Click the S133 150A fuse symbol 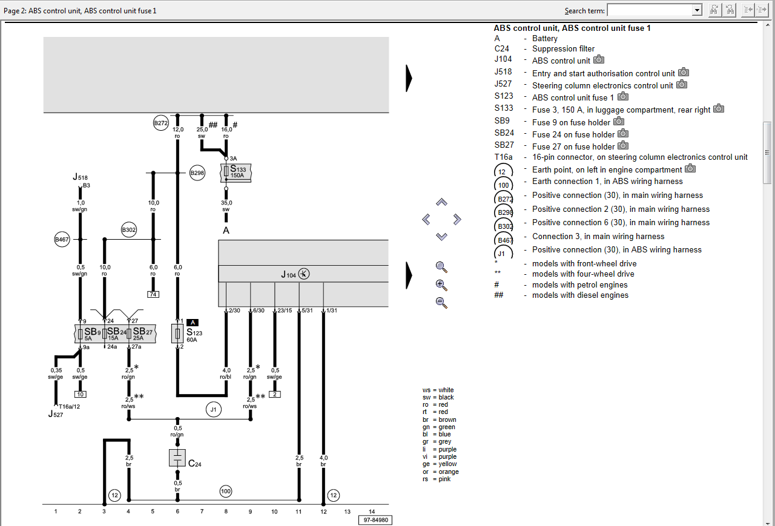[x=226, y=172]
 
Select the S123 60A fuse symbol [x=177, y=334]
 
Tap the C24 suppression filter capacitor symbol [x=177, y=458]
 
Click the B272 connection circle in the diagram [x=160, y=123]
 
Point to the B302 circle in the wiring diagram [x=128, y=230]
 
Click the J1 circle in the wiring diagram [x=213, y=410]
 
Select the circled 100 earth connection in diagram [x=226, y=491]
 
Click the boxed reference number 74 [x=153, y=294]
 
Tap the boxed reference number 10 [x=80, y=394]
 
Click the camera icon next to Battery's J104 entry [x=599, y=59]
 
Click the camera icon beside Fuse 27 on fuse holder [x=623, y=146]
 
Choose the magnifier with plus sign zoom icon [x=441, y=284]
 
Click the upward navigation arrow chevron [x=441, y=202]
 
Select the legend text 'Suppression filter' [x=563, y=49]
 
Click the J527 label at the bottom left [x=55, y=415]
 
